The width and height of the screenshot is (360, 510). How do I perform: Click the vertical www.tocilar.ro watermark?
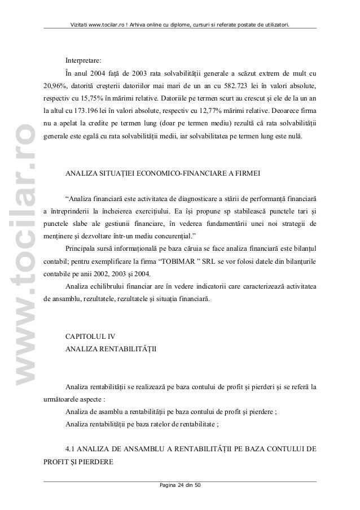pyautogui.click(x=27, y=238)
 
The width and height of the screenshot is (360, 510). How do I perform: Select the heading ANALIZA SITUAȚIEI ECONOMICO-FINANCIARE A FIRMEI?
pyautogui.click(x=163, y=172)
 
